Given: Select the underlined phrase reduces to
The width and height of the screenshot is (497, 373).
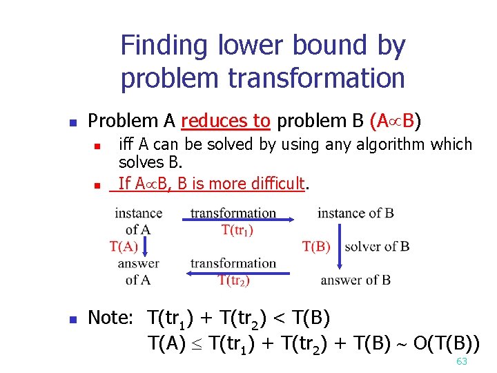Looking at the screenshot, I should coord(225,121).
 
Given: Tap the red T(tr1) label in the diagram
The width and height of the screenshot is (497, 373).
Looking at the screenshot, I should coord(237,231).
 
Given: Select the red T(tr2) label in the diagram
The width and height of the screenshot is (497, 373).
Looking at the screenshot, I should coord(233,280).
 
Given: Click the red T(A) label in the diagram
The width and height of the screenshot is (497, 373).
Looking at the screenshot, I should coord(124,246).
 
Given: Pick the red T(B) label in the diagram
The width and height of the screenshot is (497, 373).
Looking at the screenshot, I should coord(316,247).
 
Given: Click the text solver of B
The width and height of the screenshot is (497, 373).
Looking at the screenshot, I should coord(377,247).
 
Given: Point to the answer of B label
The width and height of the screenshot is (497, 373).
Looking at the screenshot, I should coord(355,280).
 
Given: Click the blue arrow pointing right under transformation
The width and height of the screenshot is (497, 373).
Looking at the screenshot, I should coord(239,220).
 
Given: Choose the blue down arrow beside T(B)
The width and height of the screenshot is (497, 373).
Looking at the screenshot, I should coord(339,246).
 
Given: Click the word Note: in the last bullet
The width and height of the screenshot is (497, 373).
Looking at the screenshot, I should coord(110,318).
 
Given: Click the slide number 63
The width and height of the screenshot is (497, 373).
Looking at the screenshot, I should coord(462,362).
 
